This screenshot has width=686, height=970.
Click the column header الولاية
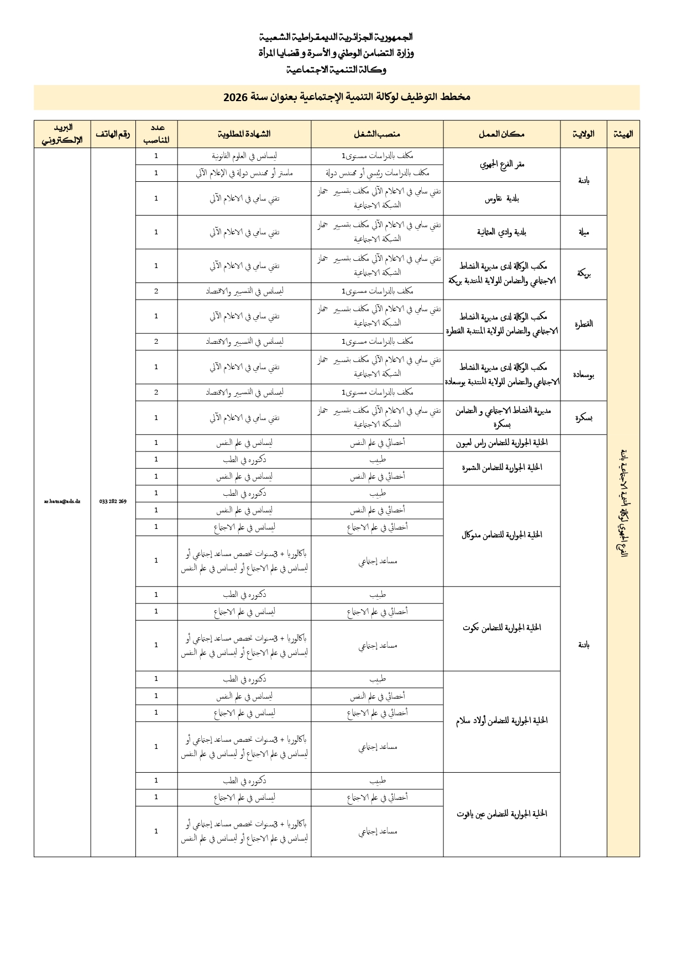pos(584,134)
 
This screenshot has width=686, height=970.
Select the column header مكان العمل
pos(501,134)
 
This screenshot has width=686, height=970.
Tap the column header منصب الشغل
pos(377,134)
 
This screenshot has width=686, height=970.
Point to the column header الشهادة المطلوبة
pos(244,134)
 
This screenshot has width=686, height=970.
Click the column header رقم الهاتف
pos(113,134)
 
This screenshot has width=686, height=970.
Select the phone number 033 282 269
pos(113,501)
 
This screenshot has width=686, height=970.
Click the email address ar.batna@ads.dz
pos(62,501)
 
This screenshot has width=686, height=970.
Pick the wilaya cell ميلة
pos(583,232)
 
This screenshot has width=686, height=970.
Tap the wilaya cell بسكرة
pos(583,418)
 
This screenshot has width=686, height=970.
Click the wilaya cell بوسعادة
pos(583,375)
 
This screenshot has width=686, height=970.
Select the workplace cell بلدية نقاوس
pos(501,198)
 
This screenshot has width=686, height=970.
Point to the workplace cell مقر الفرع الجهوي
pos(501,164)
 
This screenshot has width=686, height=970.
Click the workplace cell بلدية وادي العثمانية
pos(501,232)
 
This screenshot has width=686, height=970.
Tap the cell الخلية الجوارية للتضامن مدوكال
pos(501,535)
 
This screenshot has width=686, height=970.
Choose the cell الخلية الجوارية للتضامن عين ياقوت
pos(501,814)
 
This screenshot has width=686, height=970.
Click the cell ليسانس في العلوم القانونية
pos(244,156)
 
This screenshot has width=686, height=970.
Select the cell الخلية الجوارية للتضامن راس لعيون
pos(501,443)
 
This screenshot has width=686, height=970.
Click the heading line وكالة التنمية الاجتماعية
pos(336,70)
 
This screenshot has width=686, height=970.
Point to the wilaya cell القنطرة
pos(583,324)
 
